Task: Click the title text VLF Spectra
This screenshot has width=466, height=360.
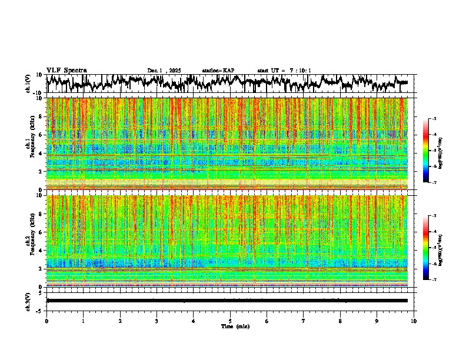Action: (x=66, y=70)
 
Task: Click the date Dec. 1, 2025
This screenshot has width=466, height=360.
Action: (x=166, y=71)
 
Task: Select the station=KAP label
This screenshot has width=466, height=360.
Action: (x=218, y=71)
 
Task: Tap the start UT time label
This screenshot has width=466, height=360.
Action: (x=284, y=71)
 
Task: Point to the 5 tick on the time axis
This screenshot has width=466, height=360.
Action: (x=230, y=321)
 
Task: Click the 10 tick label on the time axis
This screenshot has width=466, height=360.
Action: (x=414, y=321)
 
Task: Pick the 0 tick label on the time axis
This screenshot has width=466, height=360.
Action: (x=46, y=321)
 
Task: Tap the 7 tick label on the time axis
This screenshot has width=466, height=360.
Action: (x=304, y=321)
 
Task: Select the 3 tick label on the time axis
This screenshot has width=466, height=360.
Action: (x=157, y=321)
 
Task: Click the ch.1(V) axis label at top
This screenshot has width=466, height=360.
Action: (x=28, y=84)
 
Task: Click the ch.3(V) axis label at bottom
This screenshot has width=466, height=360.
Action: (x=28, y=301)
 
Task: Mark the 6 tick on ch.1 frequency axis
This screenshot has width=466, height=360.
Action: (x=41, y=135)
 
